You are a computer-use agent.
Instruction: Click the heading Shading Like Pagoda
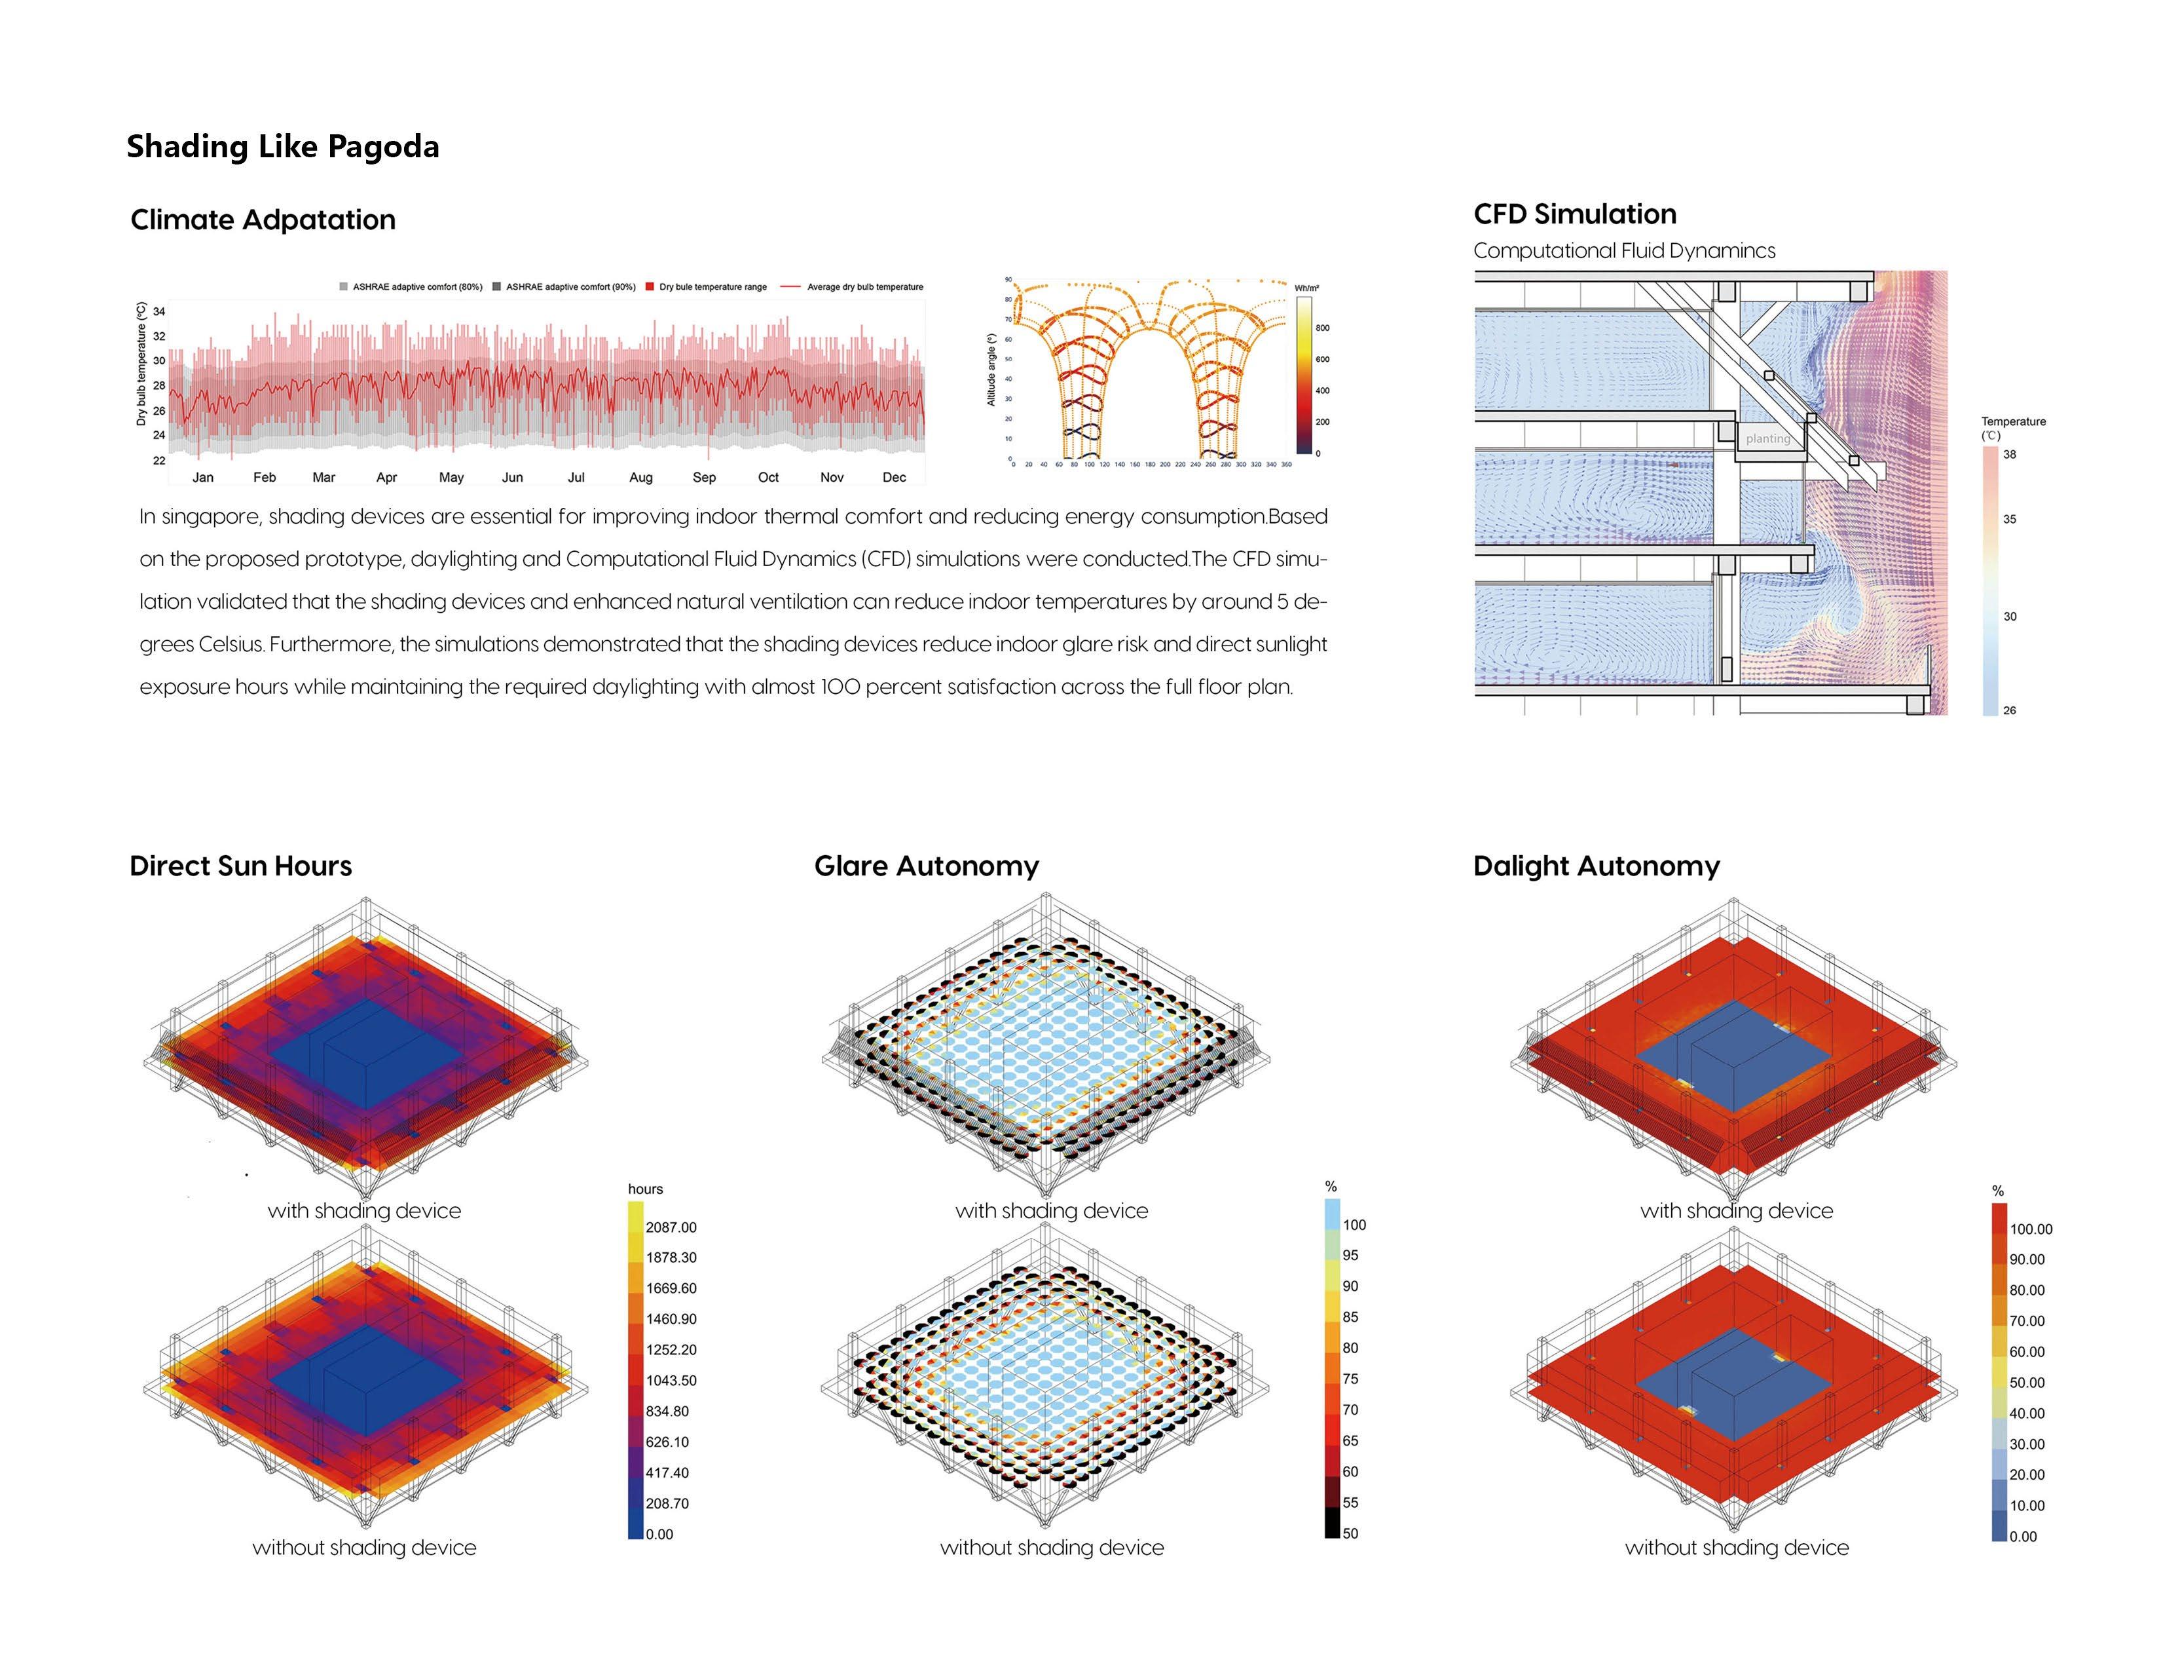pyautogui.click(x=282, y=147)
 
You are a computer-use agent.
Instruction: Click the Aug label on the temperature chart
pyautogui.click(x=640, y=477)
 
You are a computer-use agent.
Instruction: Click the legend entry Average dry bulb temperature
pyautogui.click(x=864, y=287)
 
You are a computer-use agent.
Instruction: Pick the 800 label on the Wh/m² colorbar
pyautogui.click(x=1323, y=328)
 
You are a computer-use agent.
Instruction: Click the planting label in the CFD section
pyautogui.click(x=1767, y=438)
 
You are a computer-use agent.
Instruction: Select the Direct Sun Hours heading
pyautogui.click(x=240, y=866)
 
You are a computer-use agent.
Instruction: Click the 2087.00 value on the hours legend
pyautogui.click(x=671, y=1227)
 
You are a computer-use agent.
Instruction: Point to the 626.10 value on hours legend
pyautogui.click(x=667, y=1442)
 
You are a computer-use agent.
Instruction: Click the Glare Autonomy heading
pyautogui.click(x=926, y=866)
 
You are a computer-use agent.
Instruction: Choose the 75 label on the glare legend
pyautogui.click(x=1350, y=1379)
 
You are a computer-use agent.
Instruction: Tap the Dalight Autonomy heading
pyautogui.click(x=1596, y=866)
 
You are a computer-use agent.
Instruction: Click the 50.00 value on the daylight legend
pyautogui.click(x=2027, y=1383)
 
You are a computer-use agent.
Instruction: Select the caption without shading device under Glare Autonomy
pyautogui.click(x=1052, y=1547)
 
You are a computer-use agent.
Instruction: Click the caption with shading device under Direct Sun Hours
pyautogui.click(x=364, y=1211)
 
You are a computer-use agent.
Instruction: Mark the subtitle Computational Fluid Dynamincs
pyautogui.click(x=1624, y=250)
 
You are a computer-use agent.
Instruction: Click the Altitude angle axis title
pyautogui.click(x=991, y=369)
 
